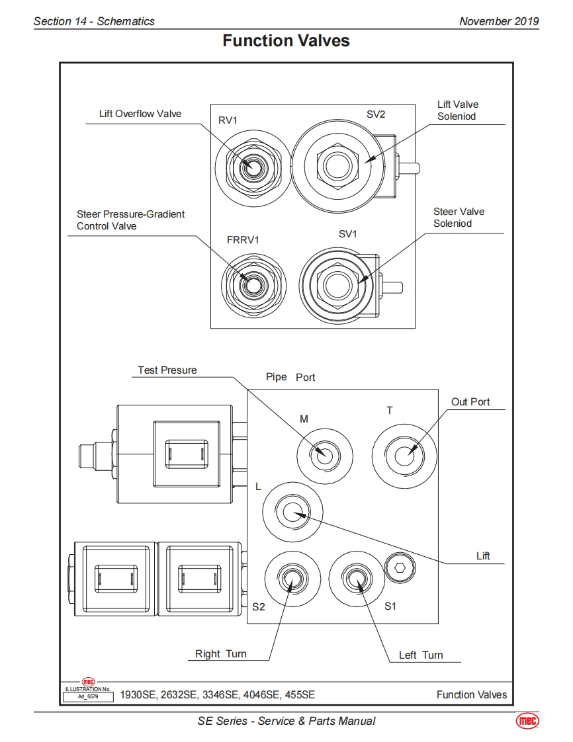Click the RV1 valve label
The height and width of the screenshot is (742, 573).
coord(228,120)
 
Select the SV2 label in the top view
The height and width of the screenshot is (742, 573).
coord(376,114)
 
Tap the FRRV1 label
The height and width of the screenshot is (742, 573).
coord(243,240)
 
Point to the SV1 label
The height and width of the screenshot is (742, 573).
coord(347,233)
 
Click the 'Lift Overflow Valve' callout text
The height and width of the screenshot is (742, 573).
coord(140,114)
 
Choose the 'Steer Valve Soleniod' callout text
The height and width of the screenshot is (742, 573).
coord(459,217)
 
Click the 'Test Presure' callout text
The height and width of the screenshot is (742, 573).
coord(167,370)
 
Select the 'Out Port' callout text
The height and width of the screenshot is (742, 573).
coord(470,402)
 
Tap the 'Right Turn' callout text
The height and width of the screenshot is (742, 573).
coord(221,653)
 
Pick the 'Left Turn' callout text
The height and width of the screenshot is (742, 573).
coord(421,655)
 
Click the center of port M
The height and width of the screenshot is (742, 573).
coord(325,456)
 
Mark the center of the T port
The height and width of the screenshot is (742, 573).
coord(404,456)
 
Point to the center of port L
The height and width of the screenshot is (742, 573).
coord(292,512)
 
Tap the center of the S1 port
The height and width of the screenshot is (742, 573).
coord(356,578)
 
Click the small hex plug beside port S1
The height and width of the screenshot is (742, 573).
coord(400,567)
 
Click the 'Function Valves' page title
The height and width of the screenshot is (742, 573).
coord(286,41)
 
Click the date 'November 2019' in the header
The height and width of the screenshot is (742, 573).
coord(499,21)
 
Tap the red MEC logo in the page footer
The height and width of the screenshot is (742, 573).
coord(527,721)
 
